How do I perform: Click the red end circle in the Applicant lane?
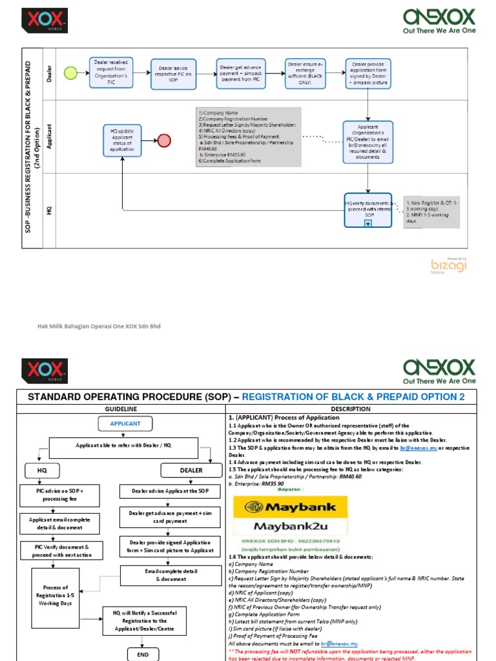(x=164, y=141)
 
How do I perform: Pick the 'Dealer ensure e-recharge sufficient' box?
(x=305, y=73)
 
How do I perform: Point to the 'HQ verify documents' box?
(x=367, y=210)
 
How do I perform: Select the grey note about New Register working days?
(x=431, y=212)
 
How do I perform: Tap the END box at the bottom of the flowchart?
(x=143, y=653)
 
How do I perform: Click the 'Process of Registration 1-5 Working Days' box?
(x=56, y=596)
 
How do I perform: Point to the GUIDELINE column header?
(x=120, y=409)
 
